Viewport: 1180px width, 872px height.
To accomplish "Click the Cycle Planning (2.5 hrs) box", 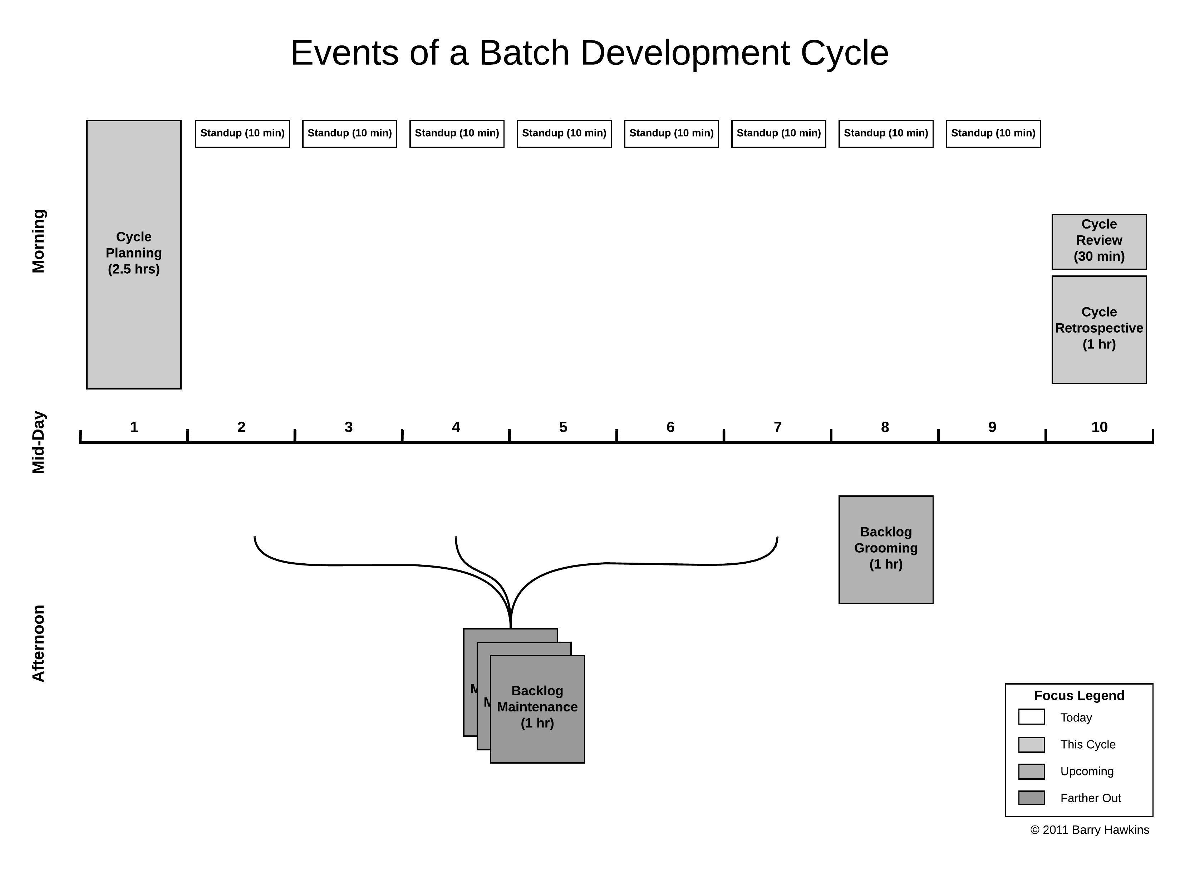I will [x=133, y=254].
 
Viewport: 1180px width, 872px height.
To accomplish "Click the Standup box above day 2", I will [x=242, y=133].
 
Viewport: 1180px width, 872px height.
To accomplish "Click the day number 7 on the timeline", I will [x=777, y=427].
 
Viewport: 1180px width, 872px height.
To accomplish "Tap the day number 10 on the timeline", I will [x=1099, y=427].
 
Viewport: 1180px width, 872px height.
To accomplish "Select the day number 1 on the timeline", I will [x=134, y=427].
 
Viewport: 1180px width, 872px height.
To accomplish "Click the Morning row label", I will [x=39, y=241].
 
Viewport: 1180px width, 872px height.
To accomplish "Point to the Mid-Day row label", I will [x=39, y=442].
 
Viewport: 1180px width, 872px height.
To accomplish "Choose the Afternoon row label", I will [x=39, y=643].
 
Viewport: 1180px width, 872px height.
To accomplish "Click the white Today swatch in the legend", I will [x=1031, y=717].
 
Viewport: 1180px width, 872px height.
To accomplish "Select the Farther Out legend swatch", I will [x=1031, y=798].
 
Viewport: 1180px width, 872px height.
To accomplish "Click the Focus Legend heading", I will [x=1079, y=696].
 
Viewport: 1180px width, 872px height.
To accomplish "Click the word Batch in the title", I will [x=524, y=53].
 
